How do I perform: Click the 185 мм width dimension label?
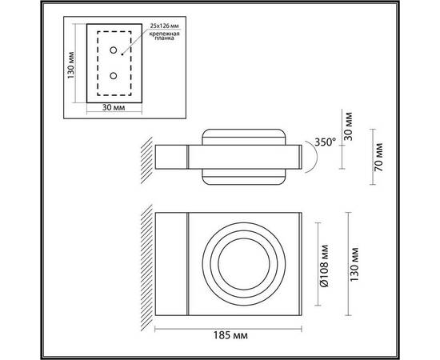[230, 335]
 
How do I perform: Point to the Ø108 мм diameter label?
[324, 266]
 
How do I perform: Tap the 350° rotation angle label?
[325, 142]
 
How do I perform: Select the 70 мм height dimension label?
[378, 157]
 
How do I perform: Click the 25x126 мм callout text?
[164, 26]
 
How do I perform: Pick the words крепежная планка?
[164, 36]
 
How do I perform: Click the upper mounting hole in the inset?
[114, 50]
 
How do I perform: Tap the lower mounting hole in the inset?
[114, 76]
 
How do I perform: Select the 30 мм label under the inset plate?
[114, 107]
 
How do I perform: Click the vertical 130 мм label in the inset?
[70, 65]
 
